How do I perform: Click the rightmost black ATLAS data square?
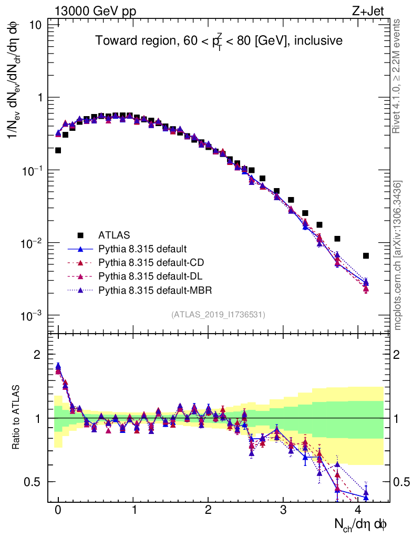(366, 256)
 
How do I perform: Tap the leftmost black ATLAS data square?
(58, 150)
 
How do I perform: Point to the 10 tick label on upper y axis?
(35, 25)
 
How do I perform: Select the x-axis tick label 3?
(283, 510)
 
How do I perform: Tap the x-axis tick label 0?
(58, 510)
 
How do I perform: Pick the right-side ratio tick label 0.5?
(402, 482)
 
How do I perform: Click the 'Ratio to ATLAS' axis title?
(17, 418)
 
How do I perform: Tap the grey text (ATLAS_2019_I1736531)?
(218, 315)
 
